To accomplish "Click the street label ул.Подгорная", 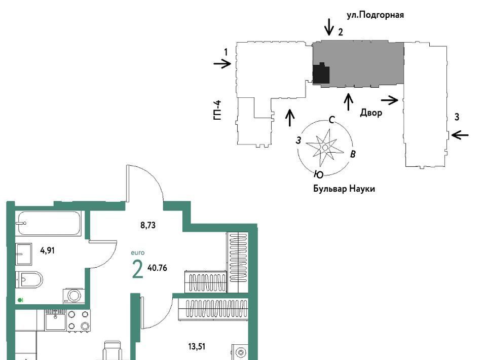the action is (x=375, y=15).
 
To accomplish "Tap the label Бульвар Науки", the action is (x=344, y=189).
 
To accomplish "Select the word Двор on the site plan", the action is (x=371, y=113).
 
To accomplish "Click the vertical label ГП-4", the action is (x=218, y=110).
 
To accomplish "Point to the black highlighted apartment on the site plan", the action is (x=321, y=73).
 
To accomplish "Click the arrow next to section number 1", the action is (x=222, y=64).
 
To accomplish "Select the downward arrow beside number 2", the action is (x=329, y=27).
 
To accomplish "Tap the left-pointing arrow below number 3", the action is (x=460, y=135).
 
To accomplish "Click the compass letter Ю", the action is (x=318, y=175).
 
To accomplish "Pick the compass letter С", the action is (x=331, y=120).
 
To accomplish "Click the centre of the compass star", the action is (x=325, y=148).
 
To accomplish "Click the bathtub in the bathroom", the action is (x=49, y=223).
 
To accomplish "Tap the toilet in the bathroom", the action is (x=29, y=279).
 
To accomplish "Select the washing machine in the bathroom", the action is (x=73, y=296).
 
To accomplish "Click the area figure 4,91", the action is (x=48, y=250).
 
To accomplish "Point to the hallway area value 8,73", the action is (x=148, y=225).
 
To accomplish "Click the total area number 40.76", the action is (x=158, y=268).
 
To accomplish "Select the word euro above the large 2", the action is (x=138, y=253).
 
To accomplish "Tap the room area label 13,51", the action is (x=197, y=346).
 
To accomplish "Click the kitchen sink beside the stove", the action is (x=55, y=320).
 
